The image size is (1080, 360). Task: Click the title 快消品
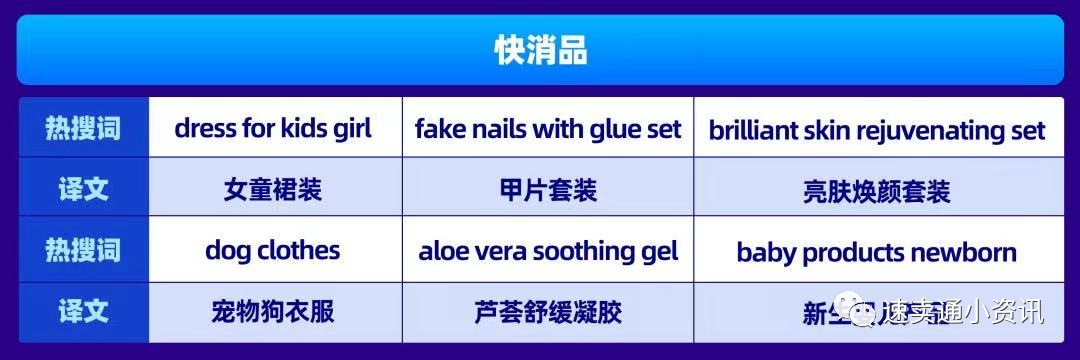(x=540, y=49)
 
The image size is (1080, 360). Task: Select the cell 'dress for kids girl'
(x=273, y=128)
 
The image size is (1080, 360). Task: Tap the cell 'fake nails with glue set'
(x=548, y=129)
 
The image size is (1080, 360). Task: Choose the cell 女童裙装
(x=273, y=190)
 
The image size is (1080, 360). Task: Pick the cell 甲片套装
(x=548, y=190)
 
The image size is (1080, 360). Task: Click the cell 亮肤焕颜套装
(x=876, y=190)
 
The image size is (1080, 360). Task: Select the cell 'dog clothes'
(x=273, y=250)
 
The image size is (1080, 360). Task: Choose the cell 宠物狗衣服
(x=273, y=311)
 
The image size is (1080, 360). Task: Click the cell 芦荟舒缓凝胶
(x=548, y=312)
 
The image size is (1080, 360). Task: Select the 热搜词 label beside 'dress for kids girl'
(x=82, y=129)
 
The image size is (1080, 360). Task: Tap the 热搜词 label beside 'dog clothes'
(x=82, y=250)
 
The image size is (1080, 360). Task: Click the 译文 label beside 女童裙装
(x=82, y=189)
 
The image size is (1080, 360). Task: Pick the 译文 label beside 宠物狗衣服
(x=82, y=311)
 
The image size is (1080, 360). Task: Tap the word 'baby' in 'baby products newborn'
(x=766, y=252)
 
